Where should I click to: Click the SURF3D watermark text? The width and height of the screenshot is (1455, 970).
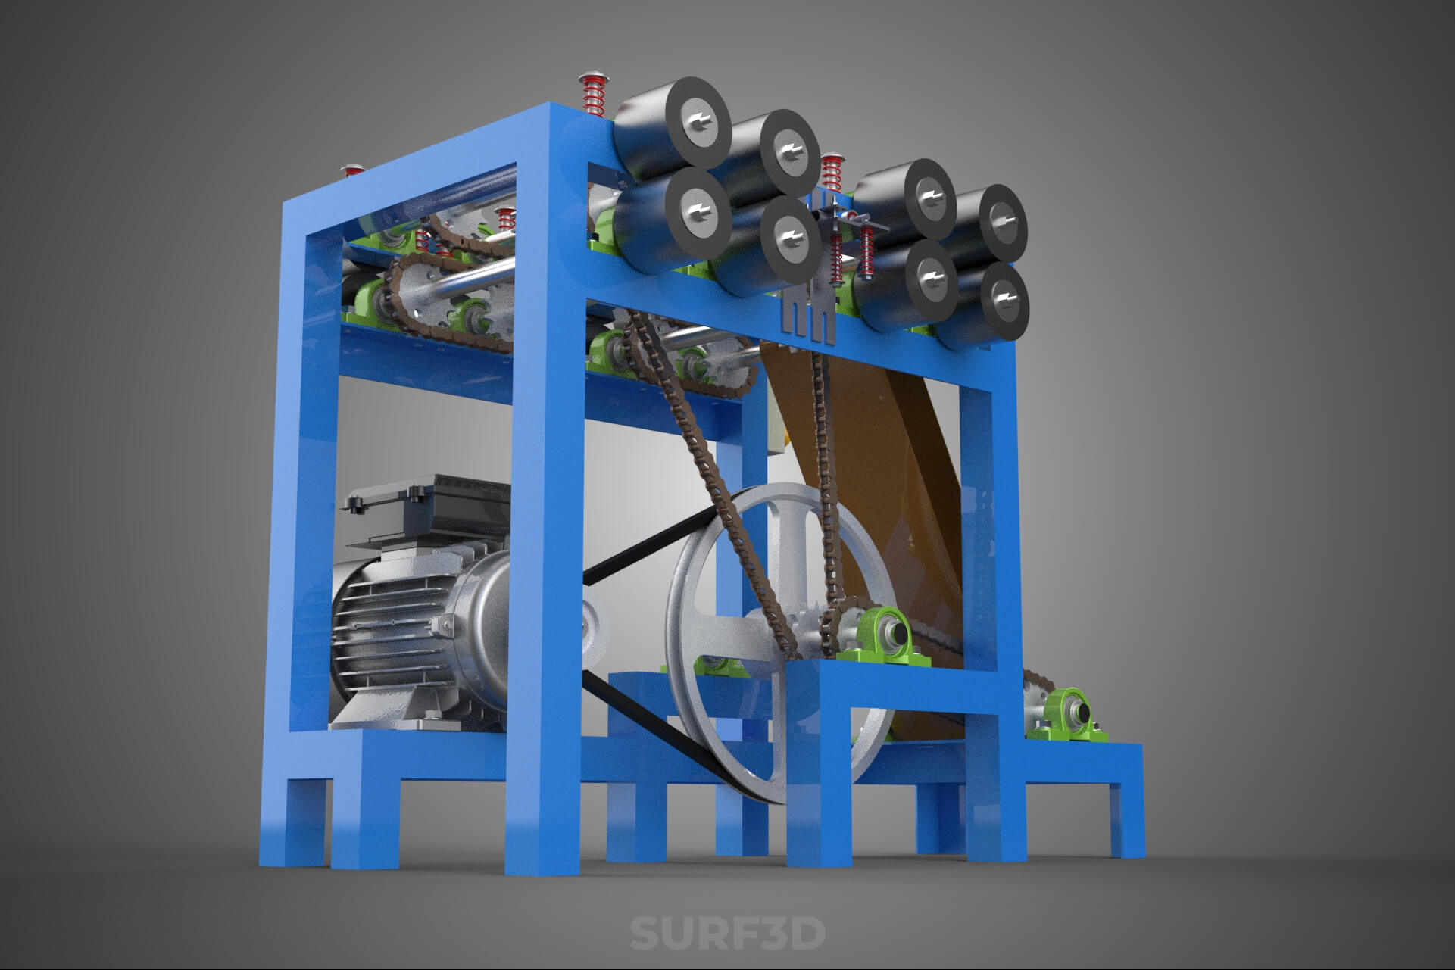click(727, 933)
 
